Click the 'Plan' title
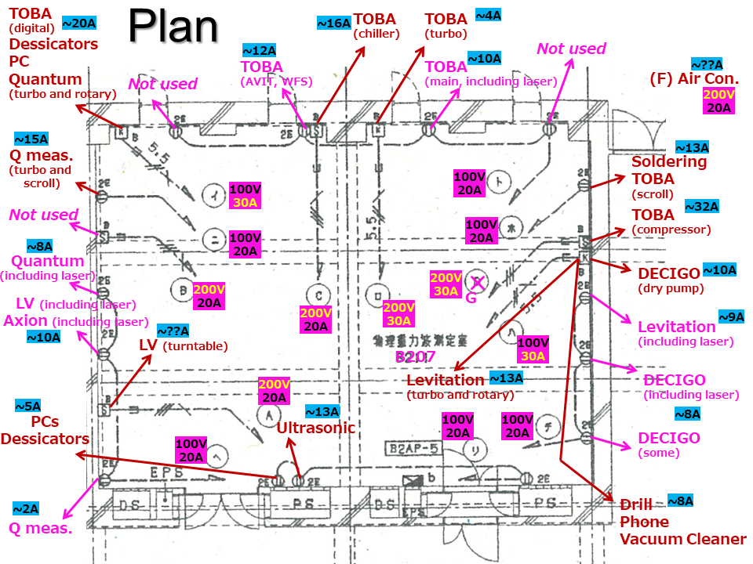click(x=173, y=27)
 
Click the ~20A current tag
click(x=78, y=23)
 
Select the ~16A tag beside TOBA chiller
click(x=333, y=23)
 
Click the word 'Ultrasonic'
click(x=315, y=428)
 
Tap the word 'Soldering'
click(x=669, y=162)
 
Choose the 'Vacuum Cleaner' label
click(x=682, y=539)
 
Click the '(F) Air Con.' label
click(x=694, y=78)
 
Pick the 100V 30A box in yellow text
click(x=244, y=195)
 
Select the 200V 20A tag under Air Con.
click(x=718, y=101)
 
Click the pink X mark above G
click(x=475, y=281)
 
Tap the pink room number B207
click(x=415, y=357)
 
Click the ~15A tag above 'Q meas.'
click(x=31, y=139)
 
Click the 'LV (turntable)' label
click(x=183, y=345)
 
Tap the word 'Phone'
click(x=644, y=522)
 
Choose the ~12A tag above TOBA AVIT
click(x=260, y=50)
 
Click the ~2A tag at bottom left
click(x=28, y=508)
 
